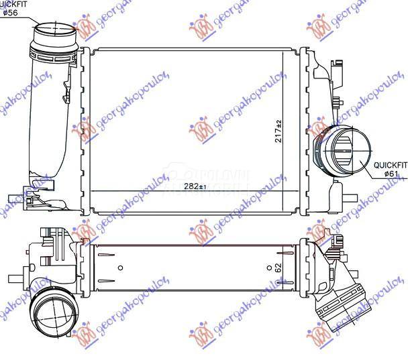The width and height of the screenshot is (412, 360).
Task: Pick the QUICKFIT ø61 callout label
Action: pos(390,168)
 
